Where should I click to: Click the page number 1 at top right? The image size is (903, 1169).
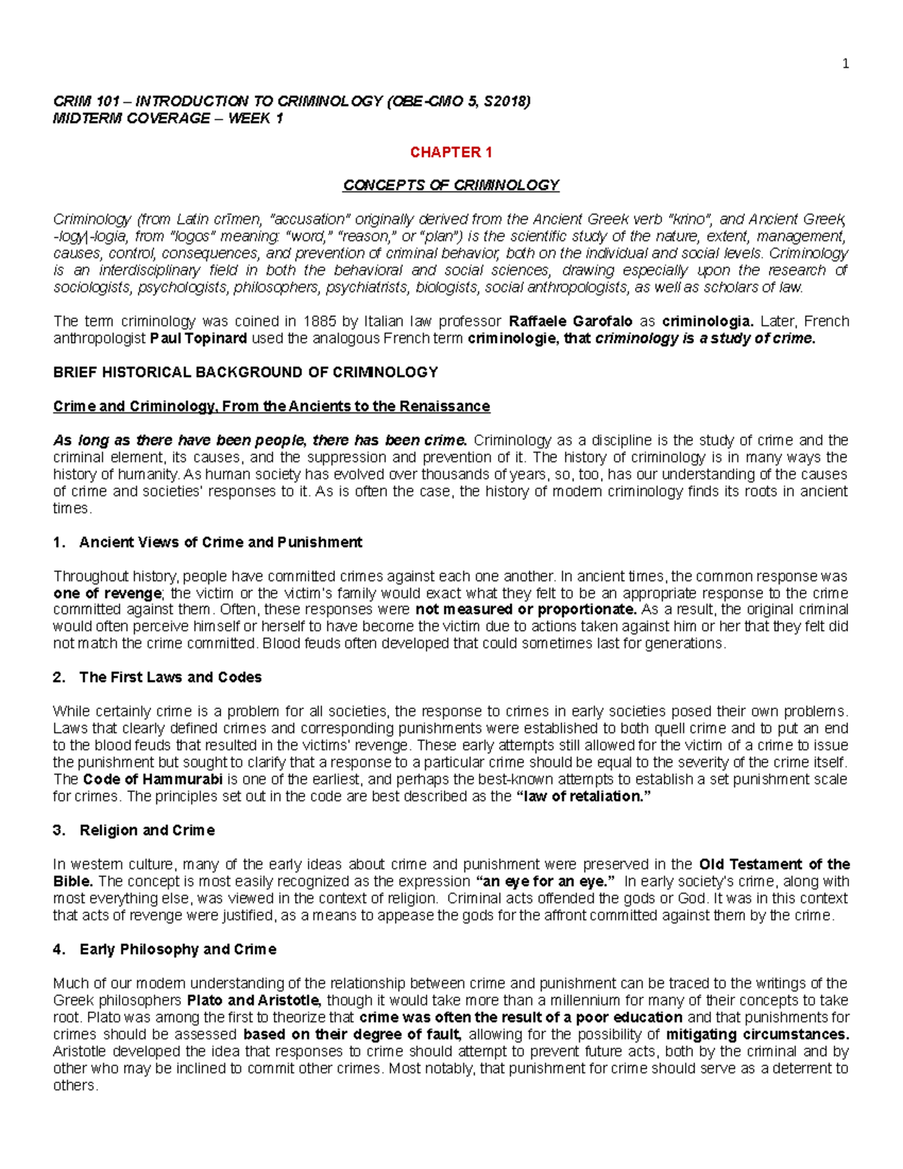pos(845,64)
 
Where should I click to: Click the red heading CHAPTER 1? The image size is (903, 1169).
pos(451,152)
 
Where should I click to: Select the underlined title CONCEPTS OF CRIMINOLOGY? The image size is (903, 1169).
pos(451,185)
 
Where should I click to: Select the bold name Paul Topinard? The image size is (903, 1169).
pos(199,338)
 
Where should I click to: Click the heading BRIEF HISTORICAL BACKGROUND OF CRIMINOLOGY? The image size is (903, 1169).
pos(245,372)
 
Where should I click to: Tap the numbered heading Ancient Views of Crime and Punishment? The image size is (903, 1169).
pos(220,542)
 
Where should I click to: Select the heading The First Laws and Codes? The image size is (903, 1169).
pos(170,677)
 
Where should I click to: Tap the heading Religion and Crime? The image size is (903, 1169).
pos(147,830)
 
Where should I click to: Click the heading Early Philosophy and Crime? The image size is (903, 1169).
pos(178,949)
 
